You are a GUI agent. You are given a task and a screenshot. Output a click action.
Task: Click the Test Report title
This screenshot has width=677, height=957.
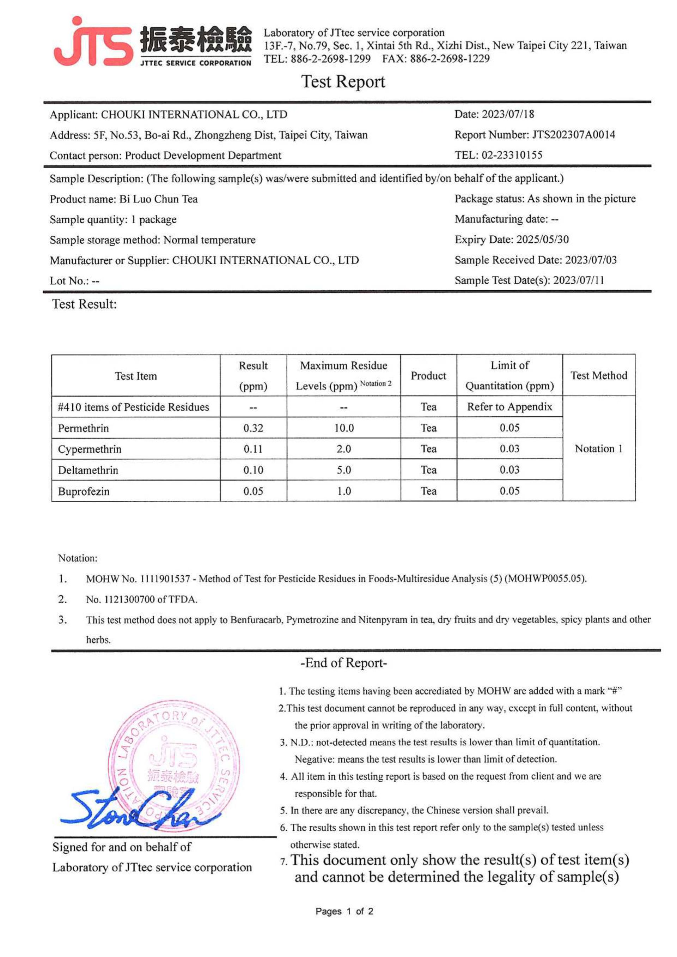point(343,82)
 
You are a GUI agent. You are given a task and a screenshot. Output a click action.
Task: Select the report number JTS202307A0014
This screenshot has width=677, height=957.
point(573,135)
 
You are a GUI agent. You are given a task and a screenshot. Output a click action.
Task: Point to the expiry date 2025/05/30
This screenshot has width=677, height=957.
point(542,240)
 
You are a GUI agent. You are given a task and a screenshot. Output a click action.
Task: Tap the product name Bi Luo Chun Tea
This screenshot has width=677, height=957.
point(158,199)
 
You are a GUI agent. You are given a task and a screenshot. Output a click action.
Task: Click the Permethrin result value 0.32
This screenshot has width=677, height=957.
point(253,428)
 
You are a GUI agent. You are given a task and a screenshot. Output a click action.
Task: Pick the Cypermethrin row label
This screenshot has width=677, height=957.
point(90,449)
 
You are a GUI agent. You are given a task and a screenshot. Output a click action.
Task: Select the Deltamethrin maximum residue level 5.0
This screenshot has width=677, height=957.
point(343,470)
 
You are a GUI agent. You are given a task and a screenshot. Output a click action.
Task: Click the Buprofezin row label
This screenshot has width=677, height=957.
point(84,491)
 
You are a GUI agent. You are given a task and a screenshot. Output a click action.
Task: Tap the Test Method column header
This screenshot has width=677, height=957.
point(599,375)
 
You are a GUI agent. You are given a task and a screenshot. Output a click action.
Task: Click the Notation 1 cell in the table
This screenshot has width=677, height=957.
point(599,449)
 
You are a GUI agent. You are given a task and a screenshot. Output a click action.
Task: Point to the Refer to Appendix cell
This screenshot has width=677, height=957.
point(510,407)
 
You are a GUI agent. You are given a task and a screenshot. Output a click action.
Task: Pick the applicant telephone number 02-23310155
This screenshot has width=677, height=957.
point(512,155)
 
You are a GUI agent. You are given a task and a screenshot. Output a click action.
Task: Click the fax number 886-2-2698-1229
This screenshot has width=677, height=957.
point(449,58)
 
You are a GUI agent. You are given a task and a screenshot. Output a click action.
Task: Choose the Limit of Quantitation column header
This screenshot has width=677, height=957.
point(510,375)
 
